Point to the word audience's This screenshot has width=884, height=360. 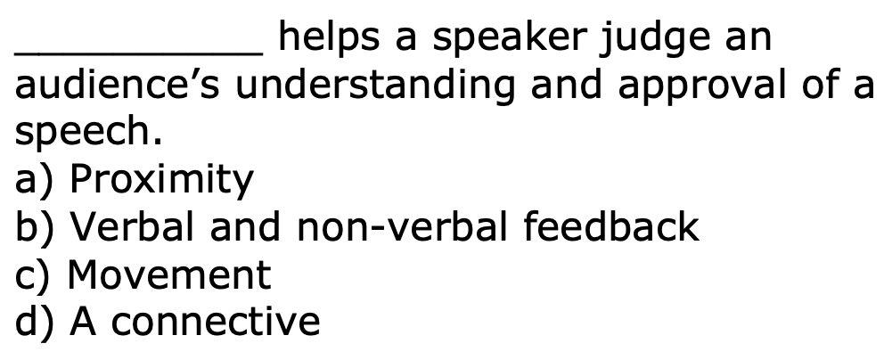(x=117, y=84)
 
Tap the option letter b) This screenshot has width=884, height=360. (x=34, y=227)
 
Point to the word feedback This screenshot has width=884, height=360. (x=611, y=226)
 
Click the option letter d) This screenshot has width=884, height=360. (x=34, y=321)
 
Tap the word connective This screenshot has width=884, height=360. (x=216, y=322)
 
